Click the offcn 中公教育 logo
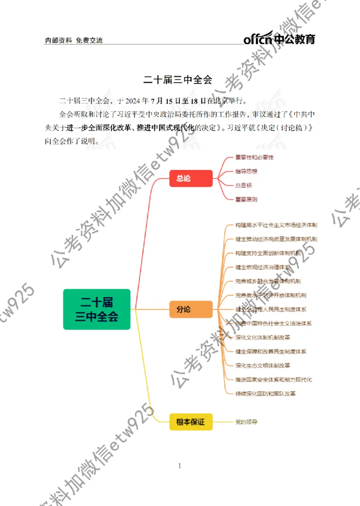[279, 39]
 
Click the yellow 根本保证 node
[191, 422]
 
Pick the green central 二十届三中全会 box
[97, 309]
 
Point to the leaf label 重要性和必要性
[254, 158]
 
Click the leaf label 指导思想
[246, 172]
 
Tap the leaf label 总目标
[243, 185]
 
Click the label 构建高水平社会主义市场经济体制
[276, 225]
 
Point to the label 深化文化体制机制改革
[263, 337]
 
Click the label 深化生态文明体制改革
[263, 365]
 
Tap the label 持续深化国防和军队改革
[265, 393]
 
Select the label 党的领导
[246, 422]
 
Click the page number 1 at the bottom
[180, 466]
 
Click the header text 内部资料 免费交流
[74, 41]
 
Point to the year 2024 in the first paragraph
[135, 100]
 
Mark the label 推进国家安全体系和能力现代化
[274, 379]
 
